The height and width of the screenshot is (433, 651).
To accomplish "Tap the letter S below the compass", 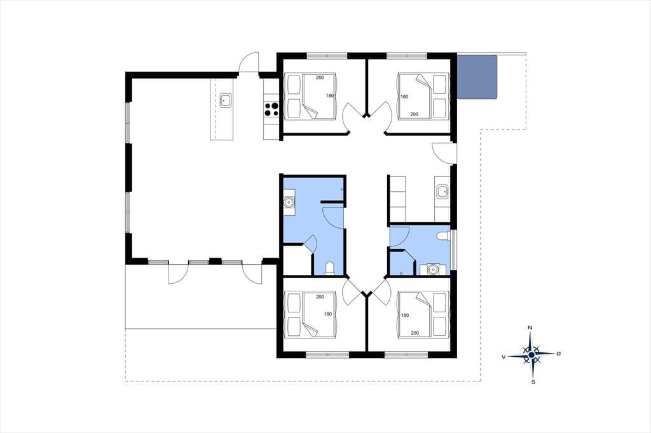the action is pos(533,382).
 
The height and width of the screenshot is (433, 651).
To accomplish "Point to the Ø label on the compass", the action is pos(558,354).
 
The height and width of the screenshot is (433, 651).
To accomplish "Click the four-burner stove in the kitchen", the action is pos(271,109).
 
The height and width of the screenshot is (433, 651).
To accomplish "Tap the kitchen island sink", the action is pos(226,100).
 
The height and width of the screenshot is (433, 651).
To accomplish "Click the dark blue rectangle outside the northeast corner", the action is pos(477,77).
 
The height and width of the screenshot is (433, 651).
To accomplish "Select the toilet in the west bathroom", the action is pos(330,269).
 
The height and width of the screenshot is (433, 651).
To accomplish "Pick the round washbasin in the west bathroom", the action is pos(289,202).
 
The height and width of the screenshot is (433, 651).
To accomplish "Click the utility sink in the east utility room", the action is pos(442,192).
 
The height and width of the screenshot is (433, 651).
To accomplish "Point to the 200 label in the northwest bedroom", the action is pos(320,77).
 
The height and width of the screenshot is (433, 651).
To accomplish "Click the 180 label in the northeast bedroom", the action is pos(404,97).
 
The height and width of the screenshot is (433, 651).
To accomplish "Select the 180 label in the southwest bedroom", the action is pos(328,314).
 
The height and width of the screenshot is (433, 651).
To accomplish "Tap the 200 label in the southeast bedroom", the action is pos(415,333).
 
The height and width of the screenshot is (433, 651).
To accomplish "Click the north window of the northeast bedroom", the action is pos(407,55).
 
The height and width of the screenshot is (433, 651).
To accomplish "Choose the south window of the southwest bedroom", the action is pos(327,355).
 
